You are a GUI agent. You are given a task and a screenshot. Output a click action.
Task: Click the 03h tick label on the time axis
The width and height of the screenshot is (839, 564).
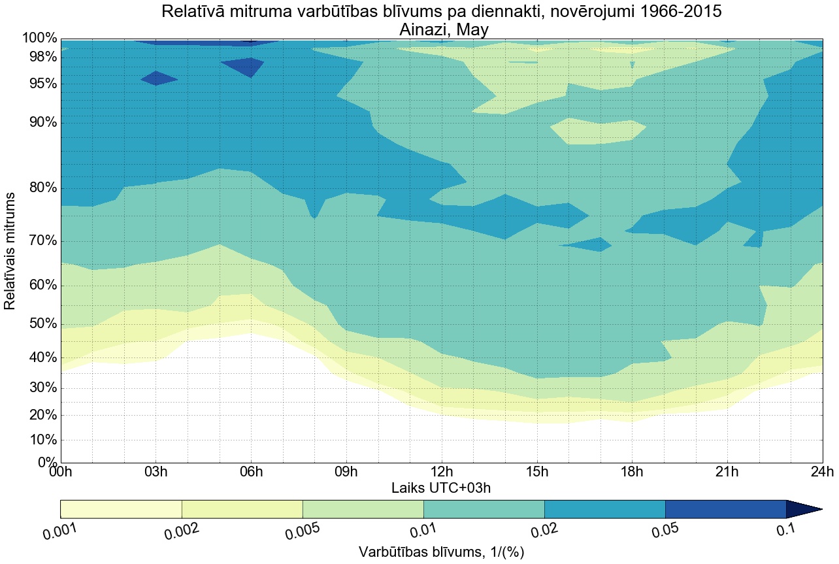pyautogui.click(x=156, y=473)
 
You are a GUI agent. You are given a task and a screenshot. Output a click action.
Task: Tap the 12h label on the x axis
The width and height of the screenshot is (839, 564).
pyautogui.click(x=442, y=473)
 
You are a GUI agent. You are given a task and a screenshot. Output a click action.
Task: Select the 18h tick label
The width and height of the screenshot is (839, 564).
pyautogui.click(x=632, y=473)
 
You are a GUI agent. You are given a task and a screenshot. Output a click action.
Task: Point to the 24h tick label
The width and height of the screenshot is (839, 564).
pyautogui.click(x=822, y=473)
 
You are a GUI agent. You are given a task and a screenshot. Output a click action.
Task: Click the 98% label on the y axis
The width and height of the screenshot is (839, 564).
pyautogui.click(x=40, y=57)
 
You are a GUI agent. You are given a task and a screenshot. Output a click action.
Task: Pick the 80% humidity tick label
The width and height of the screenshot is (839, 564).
pyautogui.click(x=40, y=188)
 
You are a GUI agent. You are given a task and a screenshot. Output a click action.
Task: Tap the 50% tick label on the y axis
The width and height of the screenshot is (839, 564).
pyautogui.click(x=40, y=324)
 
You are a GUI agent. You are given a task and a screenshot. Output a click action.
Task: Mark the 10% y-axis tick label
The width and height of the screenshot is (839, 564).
pyautogui.click(x=40, y=440)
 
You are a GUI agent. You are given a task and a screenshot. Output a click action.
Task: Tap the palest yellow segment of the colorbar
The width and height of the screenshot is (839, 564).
pyautogui.click(x=121, y=509)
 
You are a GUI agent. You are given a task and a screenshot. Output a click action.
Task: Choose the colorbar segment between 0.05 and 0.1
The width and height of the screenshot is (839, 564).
pyautogui.click(x=725, y=509)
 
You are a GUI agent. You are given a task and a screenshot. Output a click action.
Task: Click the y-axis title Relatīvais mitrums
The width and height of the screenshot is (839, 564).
pyautogui.click(x=10, y=251)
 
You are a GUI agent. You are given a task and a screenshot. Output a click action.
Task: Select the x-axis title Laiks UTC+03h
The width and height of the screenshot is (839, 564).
pyautogui.click(x=441, y=488)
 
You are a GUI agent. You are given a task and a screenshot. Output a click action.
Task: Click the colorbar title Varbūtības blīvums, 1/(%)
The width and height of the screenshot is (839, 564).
pyautogui.click(x=441, y=552)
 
